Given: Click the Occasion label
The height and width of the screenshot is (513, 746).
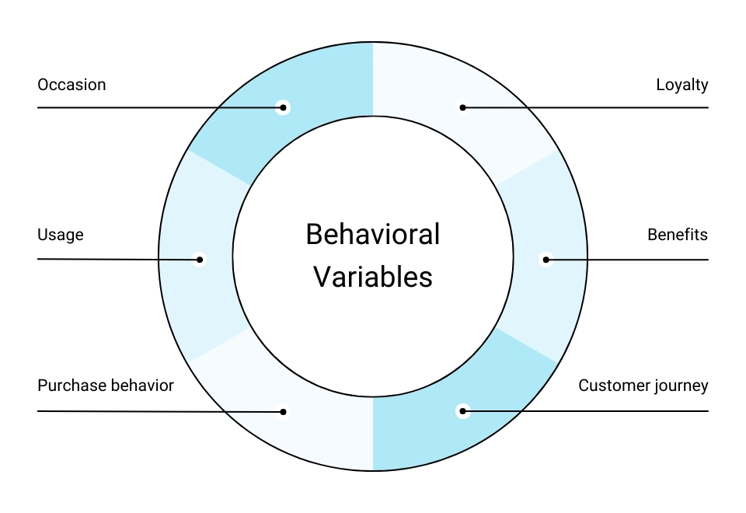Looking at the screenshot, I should coord(71,85).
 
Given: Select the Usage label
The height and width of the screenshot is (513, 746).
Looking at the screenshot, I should coord(61,235).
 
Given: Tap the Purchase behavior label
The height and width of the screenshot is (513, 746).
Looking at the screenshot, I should coord(106,386).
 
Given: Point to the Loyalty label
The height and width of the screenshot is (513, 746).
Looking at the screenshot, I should coord(682,85).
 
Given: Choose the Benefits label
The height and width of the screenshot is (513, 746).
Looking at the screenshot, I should coord(678,235).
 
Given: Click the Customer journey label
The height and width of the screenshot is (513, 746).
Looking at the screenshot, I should coord(643,386).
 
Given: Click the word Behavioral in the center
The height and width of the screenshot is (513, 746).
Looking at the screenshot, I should coord(373,234).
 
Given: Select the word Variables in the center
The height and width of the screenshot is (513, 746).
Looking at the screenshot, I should coord(373,277).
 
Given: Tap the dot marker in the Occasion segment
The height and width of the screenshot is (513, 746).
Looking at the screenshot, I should coord(283,107).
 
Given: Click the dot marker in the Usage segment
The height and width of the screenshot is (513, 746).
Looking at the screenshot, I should coord(200,260).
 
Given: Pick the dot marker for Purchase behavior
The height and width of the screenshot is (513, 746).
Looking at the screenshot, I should coord(284,412).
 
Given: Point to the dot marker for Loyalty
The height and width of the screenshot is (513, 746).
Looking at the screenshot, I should coord(462,107).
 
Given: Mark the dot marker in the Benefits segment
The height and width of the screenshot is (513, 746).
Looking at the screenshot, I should coord(546,260).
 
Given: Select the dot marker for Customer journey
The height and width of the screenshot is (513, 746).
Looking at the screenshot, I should coord(463,410).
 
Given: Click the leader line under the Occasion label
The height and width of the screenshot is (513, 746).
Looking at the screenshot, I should coord(155,107).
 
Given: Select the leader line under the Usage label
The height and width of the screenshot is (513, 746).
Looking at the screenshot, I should coord(117,259).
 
